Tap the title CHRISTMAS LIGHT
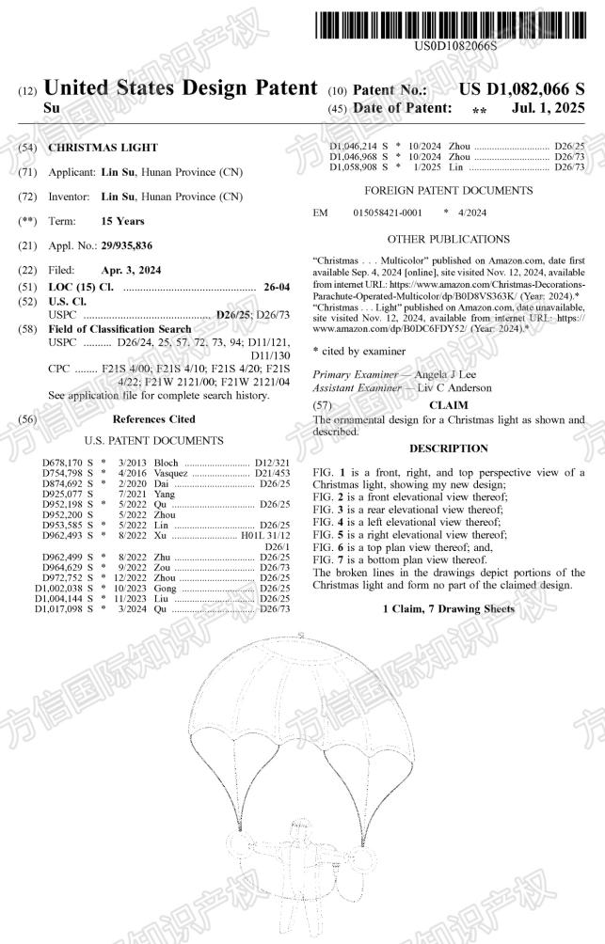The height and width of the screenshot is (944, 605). (x=103, y=148)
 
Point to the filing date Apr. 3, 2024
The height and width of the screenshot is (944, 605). (x=131, y=270)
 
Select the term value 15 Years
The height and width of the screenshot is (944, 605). (x=122, y=221)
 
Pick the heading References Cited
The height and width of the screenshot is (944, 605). (x=154, y=418)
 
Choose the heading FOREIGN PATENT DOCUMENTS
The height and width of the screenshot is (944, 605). (x=448, y=190)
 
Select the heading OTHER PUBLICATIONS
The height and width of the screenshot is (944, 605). (x=448, y=239)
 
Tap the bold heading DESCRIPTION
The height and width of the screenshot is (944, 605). (x=448, y=448)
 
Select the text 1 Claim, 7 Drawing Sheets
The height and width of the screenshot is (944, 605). (x=448, y=610)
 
